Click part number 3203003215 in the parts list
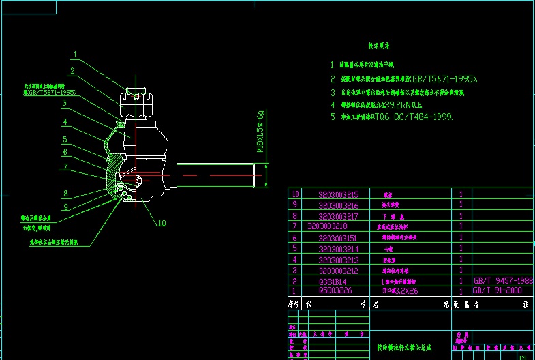tap(343, 194)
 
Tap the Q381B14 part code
tap(333, 281)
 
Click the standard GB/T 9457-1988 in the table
tap(502, 280)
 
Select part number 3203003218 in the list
tap(327, 226)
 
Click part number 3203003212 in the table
tap(343, 270)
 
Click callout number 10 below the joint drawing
tap(162, 222)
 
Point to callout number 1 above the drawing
tap(76, 55)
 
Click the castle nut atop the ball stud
tap(136, 103)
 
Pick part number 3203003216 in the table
tap(343, 205)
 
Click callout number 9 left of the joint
tap(65, 207)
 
